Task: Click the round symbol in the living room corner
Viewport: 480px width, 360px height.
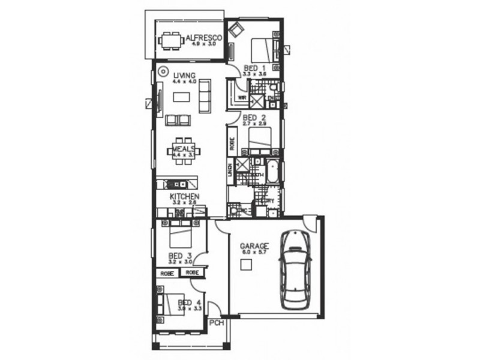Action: point(162,71)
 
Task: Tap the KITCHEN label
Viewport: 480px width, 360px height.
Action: point(184,197)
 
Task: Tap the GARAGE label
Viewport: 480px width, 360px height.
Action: point(254,246)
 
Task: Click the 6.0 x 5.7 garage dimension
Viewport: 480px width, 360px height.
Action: point(254,253)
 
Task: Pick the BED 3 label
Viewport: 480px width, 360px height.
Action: point(180,255)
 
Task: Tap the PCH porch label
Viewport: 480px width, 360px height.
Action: point(217,324)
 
